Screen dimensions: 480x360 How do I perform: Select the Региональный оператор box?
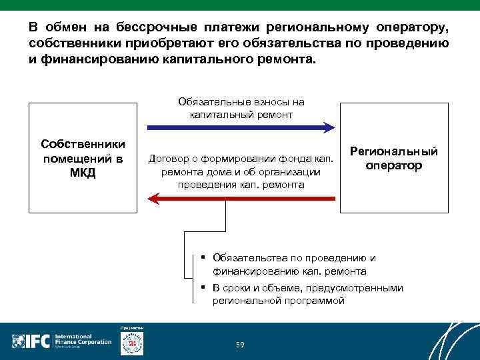(x=394, y=158)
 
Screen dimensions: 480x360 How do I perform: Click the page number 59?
(x=240, y=344)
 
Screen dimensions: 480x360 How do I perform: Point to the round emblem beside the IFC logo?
(x=131, y=343)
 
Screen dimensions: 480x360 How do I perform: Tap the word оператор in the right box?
(x=394, y=165)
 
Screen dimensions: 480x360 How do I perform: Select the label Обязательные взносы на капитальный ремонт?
(x=241, y=108)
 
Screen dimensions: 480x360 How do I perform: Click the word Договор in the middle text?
(x=169, y=159)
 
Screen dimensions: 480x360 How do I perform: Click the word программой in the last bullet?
(x=315, y=301)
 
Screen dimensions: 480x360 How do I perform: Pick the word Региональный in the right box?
(x=394, y=151)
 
